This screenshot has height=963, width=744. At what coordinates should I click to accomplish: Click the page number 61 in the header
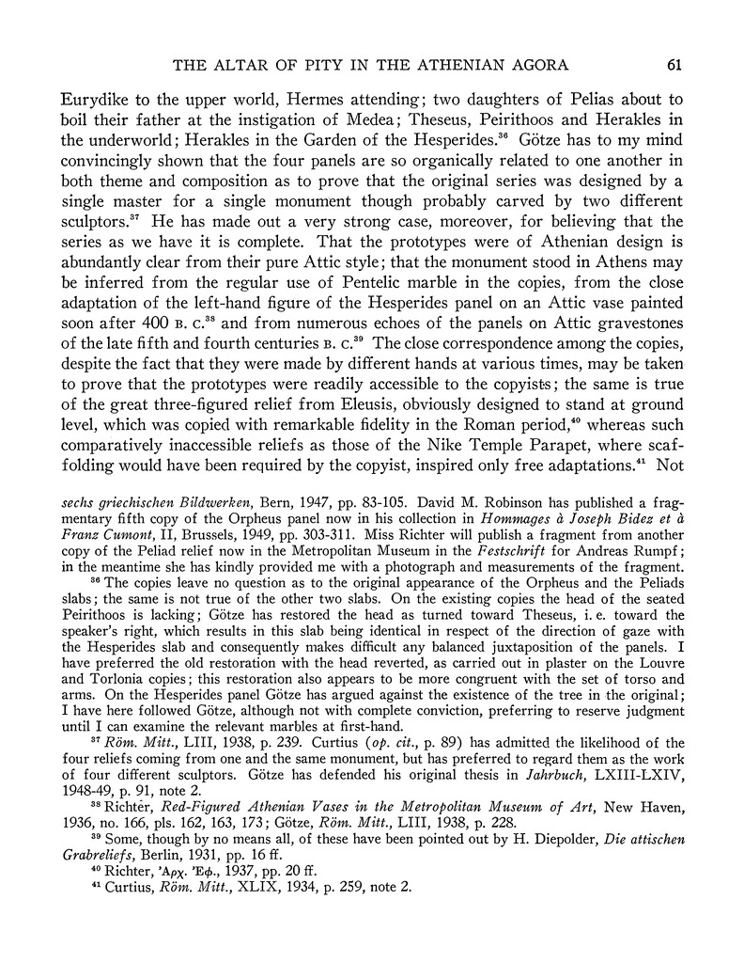[674, 64]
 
